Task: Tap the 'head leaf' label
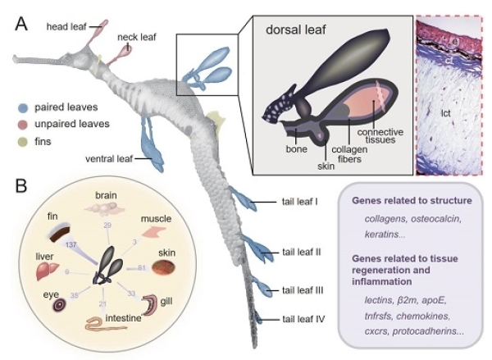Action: pos(66,27)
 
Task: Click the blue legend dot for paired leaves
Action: pos(26,107)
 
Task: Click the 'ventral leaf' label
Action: pos(109,157)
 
